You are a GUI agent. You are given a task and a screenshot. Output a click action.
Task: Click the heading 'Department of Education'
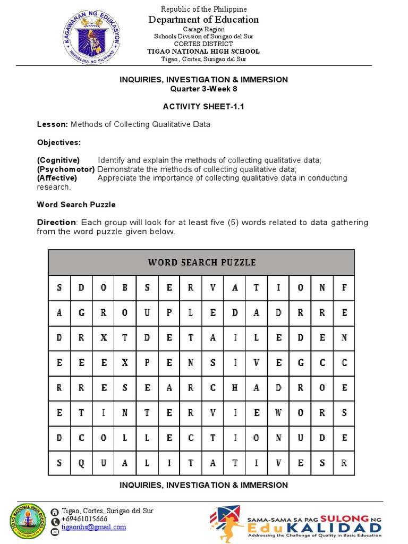(204, 20)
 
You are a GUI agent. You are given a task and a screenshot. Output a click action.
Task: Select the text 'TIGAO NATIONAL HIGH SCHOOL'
(204, 52)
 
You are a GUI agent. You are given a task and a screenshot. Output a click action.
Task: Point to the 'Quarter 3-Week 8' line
(203, 89)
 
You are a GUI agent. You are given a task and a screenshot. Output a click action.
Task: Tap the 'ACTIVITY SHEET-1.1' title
(203, 106)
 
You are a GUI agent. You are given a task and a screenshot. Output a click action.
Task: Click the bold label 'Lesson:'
(53, 124)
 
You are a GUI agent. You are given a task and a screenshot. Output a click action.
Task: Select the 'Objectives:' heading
(58, 142)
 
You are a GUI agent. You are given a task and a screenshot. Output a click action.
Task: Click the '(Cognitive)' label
(58, 160)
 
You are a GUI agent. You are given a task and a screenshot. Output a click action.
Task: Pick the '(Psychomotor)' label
(66, 169)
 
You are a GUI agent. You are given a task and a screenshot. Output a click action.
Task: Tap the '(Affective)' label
(56, 178)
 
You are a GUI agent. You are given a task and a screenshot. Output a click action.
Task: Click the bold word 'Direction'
(56, 222)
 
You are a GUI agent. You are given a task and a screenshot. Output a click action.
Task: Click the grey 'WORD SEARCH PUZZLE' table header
(201, 262)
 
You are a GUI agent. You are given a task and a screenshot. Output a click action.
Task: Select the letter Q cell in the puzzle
(81, 463)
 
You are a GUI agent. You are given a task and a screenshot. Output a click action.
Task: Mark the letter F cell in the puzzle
(344, 288)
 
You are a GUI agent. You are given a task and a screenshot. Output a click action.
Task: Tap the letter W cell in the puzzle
(278, 412)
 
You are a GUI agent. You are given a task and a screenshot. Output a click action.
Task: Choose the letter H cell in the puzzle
(234, 388)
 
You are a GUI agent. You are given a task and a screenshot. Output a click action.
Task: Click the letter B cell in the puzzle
(125, 288)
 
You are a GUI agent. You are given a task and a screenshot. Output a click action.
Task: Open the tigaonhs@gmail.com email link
(94, 527)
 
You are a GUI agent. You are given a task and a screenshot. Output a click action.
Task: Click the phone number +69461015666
(84, 519)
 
